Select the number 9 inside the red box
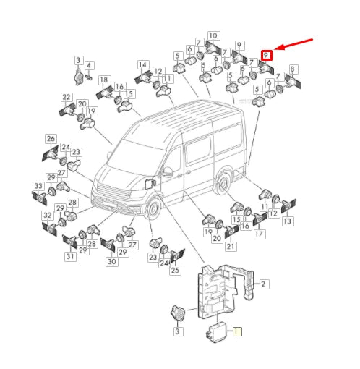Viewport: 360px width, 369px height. click(266, 55)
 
